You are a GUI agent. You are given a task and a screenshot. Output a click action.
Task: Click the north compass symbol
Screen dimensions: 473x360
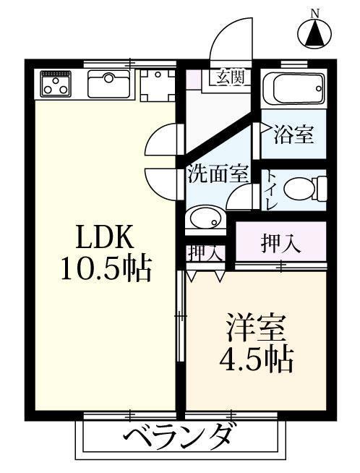tap(314, 32)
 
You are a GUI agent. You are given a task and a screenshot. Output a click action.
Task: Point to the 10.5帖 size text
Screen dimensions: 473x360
tap(106, 269)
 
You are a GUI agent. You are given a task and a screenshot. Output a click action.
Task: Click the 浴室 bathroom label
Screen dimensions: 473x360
tap(293, 133)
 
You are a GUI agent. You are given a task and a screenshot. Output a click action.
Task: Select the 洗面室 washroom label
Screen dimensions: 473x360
tap(218, 174)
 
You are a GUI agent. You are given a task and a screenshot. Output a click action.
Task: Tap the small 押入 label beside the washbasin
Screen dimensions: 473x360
tap(204, 253)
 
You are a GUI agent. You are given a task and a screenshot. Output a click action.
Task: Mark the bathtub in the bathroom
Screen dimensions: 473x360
tap(293, 90)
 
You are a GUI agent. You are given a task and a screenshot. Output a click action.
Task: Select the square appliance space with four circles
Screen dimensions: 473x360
tap(155, 85)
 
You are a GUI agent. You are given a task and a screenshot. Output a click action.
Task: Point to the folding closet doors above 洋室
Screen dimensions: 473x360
tap(206, 276)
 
